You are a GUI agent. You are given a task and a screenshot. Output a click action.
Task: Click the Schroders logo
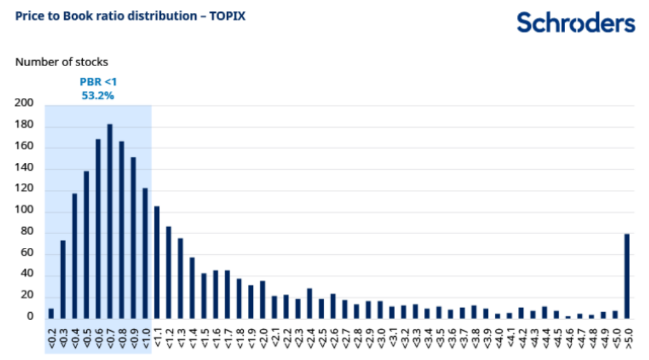tap(576, 23)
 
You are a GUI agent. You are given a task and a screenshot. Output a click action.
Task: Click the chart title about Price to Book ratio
tap(130, 17)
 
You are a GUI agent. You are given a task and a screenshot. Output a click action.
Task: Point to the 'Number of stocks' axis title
tap(61, 62)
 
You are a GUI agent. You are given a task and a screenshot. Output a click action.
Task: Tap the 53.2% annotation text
tap(97, 96)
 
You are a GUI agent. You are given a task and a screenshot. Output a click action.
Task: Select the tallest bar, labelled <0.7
tap(110, 221)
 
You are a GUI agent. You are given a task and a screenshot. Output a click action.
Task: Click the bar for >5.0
tap(627, 276)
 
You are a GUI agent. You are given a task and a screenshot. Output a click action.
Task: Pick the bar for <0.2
tap(51, 313)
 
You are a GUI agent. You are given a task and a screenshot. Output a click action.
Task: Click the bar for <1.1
tap(157, 262)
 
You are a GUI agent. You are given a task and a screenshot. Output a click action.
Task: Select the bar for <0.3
tap(62, 279)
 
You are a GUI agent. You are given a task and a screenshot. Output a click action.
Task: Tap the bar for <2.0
tap(263, 299)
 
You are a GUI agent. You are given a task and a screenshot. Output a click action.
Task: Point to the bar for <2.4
tap(310, 303)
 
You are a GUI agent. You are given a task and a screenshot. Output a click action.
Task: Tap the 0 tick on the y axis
tap(30, 317)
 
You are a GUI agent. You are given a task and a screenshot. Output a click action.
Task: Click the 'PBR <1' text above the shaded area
tap(97, 81)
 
